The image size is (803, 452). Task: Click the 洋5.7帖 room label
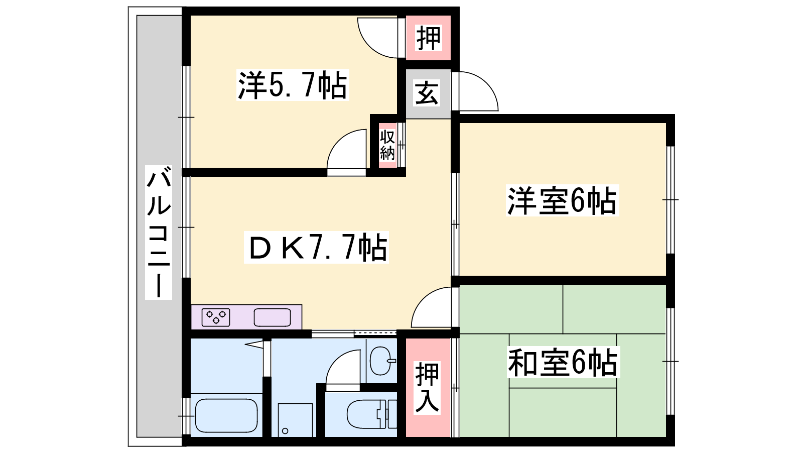tap(293, 85)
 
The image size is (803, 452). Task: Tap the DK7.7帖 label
tap(316, 248)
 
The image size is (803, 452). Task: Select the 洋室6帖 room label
tap(562, 200)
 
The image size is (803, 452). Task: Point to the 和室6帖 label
tap(563, 362)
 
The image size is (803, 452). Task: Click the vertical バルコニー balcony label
tap(159, 233)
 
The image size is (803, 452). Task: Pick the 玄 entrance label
tap(427, 93)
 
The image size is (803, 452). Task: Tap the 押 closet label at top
tap(428, 38)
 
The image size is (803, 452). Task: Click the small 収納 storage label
tap(387, 145)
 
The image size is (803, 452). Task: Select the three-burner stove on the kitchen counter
tap(216, 317)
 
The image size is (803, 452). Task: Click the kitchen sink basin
tap(273, 317)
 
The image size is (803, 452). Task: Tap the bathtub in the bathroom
tap(226, 416)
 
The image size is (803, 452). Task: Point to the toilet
tap(372, 414)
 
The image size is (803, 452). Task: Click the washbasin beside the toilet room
tap(382, 361)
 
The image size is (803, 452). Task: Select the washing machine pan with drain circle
tap(296, 420)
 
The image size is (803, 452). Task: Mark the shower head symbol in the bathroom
tap(254, 345)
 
